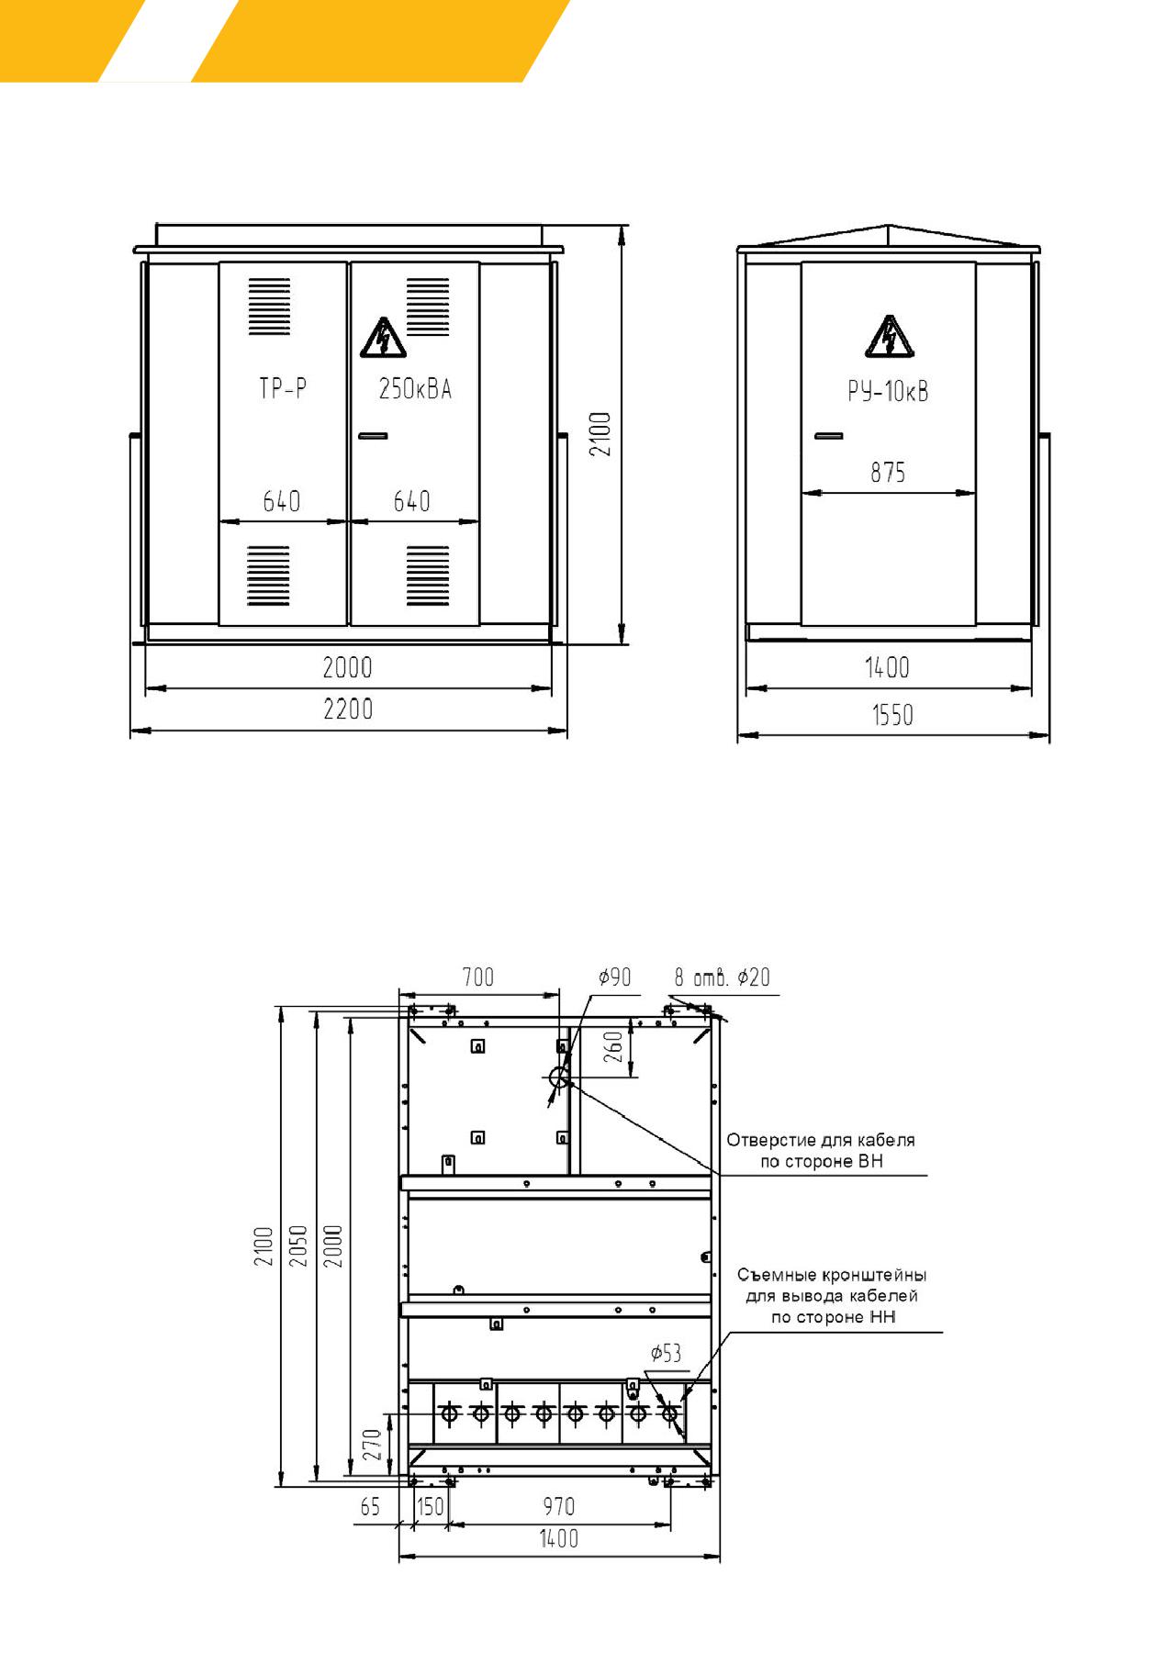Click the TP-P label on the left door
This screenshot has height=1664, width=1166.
(283, 389)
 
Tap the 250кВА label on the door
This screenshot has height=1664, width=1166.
(415, 389)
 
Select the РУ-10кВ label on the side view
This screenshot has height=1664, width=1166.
(888, 392)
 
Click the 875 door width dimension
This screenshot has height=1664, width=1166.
(888, 473)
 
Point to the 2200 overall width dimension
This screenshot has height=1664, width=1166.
(348, 709)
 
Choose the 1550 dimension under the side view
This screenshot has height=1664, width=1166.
(892, 715)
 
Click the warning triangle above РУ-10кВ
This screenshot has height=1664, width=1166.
(889, 337)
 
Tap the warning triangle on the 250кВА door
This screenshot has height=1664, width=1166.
(383, 337)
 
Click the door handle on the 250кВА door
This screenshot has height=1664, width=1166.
(373, 436)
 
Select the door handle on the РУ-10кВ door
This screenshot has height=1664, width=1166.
(829, 435)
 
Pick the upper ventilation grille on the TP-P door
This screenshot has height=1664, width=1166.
(269, 307)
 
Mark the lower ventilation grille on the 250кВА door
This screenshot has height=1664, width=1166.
(428, 575)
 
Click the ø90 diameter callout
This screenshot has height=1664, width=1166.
(615, 977)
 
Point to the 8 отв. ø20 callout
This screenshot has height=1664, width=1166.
(723, 977)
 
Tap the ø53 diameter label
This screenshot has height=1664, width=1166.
(666, 1353)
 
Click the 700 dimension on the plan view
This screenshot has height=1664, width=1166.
(478, 977)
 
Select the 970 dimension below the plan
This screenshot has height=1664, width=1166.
(558, 1506)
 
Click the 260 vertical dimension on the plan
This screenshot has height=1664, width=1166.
(614, 1047)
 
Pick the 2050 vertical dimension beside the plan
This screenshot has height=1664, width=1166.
(298, 1245)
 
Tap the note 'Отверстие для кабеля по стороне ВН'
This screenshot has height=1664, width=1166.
(821, 1151)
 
